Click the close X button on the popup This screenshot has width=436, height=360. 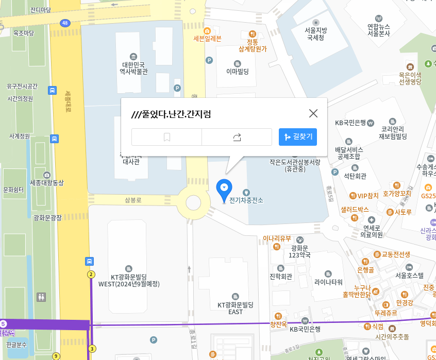[x=313, y=113]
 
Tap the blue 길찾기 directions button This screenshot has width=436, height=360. [x=298, y=137]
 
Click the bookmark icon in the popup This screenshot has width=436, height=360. [x=167, y=137]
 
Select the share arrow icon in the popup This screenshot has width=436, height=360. [x=237, y=137]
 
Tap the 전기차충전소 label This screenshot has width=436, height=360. [x=246, y=200]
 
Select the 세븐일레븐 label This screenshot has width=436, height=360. [x=207, y=38]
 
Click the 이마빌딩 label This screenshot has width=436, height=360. [x=238, y=72]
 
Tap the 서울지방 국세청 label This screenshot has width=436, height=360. [x=315, y=33]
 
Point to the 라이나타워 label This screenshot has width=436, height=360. [x=328, y=282]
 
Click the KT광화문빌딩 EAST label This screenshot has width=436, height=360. [x=236, y=308]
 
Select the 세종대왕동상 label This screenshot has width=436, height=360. [x=47, y=182]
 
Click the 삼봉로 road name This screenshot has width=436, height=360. [x=133, y=199]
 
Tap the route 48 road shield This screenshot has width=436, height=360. [x=64, y=23]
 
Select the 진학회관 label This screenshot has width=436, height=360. [x=281, y=277]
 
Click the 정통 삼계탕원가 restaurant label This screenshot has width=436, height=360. [x=253, y=45]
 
